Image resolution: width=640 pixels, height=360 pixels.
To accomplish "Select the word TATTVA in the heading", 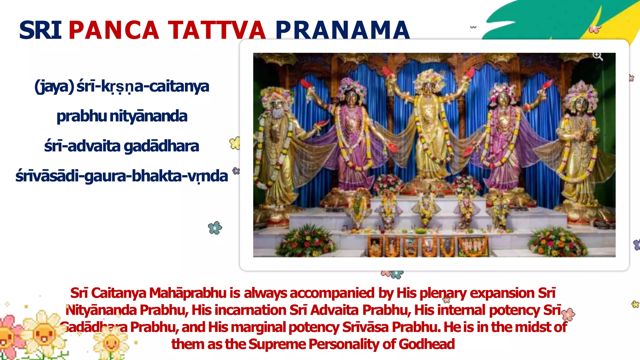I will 217,30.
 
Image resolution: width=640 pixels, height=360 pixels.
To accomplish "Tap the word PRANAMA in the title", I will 342,30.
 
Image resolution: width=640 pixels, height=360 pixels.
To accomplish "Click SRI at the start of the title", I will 40,30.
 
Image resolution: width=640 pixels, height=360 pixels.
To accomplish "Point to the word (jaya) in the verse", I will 54,87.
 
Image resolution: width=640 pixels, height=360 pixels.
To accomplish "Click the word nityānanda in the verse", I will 148,116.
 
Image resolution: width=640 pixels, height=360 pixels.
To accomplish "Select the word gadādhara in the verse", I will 161,146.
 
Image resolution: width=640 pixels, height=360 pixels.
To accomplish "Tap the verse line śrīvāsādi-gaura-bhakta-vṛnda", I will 122,176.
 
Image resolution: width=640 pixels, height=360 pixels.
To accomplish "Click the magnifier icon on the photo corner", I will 597,56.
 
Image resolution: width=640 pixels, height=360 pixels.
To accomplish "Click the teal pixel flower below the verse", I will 215,228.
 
